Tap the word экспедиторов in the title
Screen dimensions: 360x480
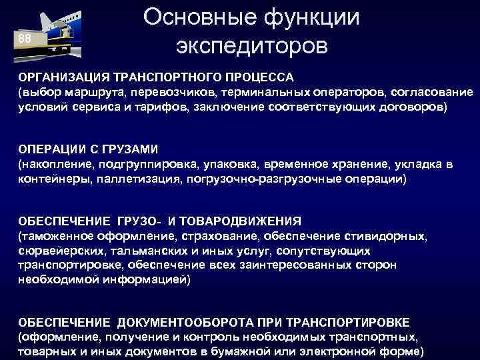coord(251,47)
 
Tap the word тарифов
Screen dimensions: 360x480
coord(164,107)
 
